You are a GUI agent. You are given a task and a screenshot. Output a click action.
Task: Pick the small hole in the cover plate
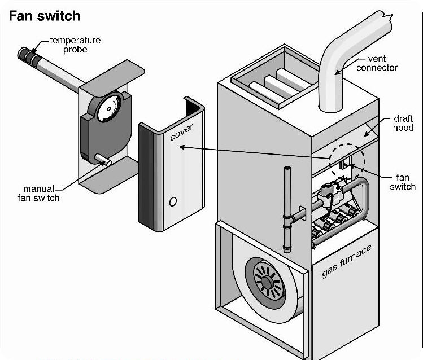[173, 201]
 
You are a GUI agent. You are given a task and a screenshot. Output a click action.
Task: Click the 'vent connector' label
[381, 63]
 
